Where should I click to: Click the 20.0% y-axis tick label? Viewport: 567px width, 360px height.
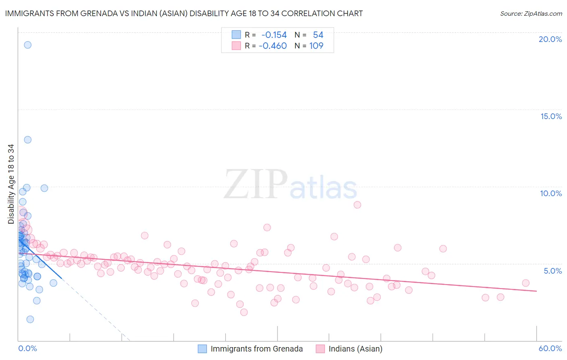tap(550, 39)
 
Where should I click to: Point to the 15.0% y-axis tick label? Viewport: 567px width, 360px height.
tap(551, 116)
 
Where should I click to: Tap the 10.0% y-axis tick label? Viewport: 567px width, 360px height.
tap(551, 193)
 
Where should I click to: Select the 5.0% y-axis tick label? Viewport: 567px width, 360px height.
tap(552, 271)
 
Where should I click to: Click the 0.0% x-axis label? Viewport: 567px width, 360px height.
tap(27, 348)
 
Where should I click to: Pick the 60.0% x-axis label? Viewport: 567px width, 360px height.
tap(550, 348)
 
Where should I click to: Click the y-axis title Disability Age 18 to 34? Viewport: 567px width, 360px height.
tap(11, 184)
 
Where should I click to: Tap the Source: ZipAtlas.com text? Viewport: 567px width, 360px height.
tap(531, 14)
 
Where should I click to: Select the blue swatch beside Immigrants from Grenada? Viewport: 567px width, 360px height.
tap(202, 349)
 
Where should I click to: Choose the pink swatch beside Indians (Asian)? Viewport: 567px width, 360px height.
tap(320, 349)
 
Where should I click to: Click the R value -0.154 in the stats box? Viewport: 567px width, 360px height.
tap(274, 35)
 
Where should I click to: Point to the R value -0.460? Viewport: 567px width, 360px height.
tap(273, 46)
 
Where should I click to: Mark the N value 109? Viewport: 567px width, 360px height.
tap(316, 46)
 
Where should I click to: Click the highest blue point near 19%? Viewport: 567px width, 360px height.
tap(27, 45)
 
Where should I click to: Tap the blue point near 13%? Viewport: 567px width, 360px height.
tap(27, 140)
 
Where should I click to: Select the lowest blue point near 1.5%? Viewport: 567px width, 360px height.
tap(30, 319)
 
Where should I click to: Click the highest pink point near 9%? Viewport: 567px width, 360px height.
tap(357, 205)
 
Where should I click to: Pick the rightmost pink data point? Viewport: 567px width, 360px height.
tap(525, 283)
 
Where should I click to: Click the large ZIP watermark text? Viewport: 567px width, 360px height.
tap(256, 185)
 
